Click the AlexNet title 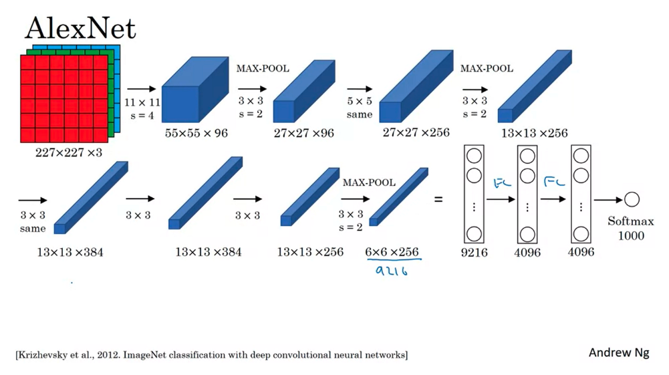coord(80,28)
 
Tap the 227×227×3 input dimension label coord(69,152)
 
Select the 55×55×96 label coord(196,133)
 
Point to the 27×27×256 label coord(416,133)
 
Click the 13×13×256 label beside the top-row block coord(534,133)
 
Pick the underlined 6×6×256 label coord(392,252)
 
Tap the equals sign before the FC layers coord(438,199)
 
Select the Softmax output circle coord(632,199)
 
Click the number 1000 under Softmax coord(631,235)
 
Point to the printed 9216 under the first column coord(474,253)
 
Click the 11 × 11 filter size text coord(142,102)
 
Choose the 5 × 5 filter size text coord(360,102)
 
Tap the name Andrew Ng coord(618,352)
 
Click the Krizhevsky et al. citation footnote coord(211,354)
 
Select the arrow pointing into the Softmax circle coord(607,199)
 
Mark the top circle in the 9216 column coord(474,156)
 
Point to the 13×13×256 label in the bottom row coord(310,252)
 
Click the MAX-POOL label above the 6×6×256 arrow coord(369,182)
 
